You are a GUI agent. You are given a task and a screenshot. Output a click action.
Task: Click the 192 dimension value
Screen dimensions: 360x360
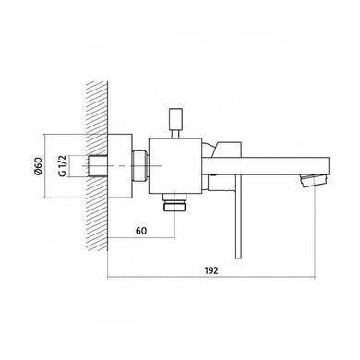pyautogui.click(x=211, y=270)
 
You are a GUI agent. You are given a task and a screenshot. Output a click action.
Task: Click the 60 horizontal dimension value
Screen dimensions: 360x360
pyautogui.click(x=141, y=231)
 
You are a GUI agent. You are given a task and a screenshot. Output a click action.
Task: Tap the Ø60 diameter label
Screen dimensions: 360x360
pyautogui.click(x=38, y=166)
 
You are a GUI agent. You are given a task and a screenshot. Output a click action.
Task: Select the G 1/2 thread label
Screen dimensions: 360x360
pyautogui.click(x=63, y=166)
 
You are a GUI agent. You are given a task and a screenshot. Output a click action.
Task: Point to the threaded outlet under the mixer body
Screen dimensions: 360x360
pyautogui.click(x=175, y=202)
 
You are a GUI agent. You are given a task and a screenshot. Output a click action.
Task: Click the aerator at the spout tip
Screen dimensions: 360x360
pyautogui.click(x=314, y=180)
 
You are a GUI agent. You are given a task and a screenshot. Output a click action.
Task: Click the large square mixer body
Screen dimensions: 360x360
pyautogui.click(x=175, y=166)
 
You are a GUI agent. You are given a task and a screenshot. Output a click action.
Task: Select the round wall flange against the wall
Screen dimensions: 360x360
pyautogui.click(x=120, y=165)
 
